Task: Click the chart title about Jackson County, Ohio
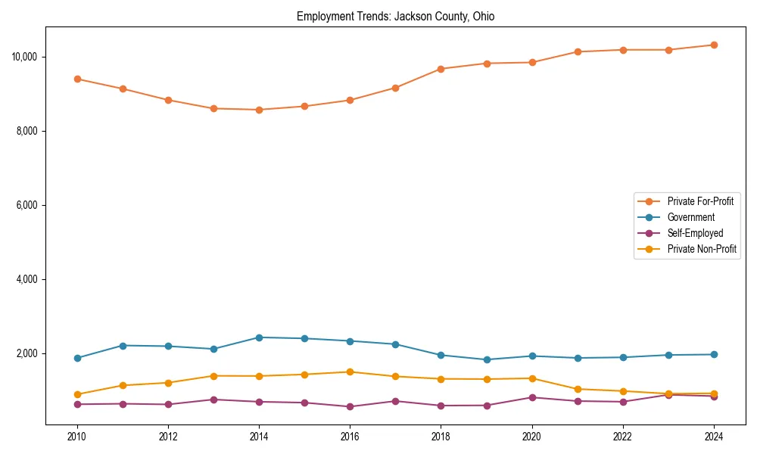(395, 17)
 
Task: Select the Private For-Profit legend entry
(699, 201)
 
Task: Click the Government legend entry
(690, 217)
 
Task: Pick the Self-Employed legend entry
(695, 233)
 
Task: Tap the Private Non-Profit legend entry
(702, 249)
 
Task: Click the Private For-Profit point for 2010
(77, 79)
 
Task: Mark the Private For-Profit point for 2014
(259, 110)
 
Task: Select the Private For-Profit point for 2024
(714, 45)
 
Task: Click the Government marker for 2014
(259, 337)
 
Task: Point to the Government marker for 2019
(487, 359)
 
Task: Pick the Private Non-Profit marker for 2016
(350, 372)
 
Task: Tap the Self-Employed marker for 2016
(350, 406)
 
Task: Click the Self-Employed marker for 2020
(532, 397)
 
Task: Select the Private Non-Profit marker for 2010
(77, 394)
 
